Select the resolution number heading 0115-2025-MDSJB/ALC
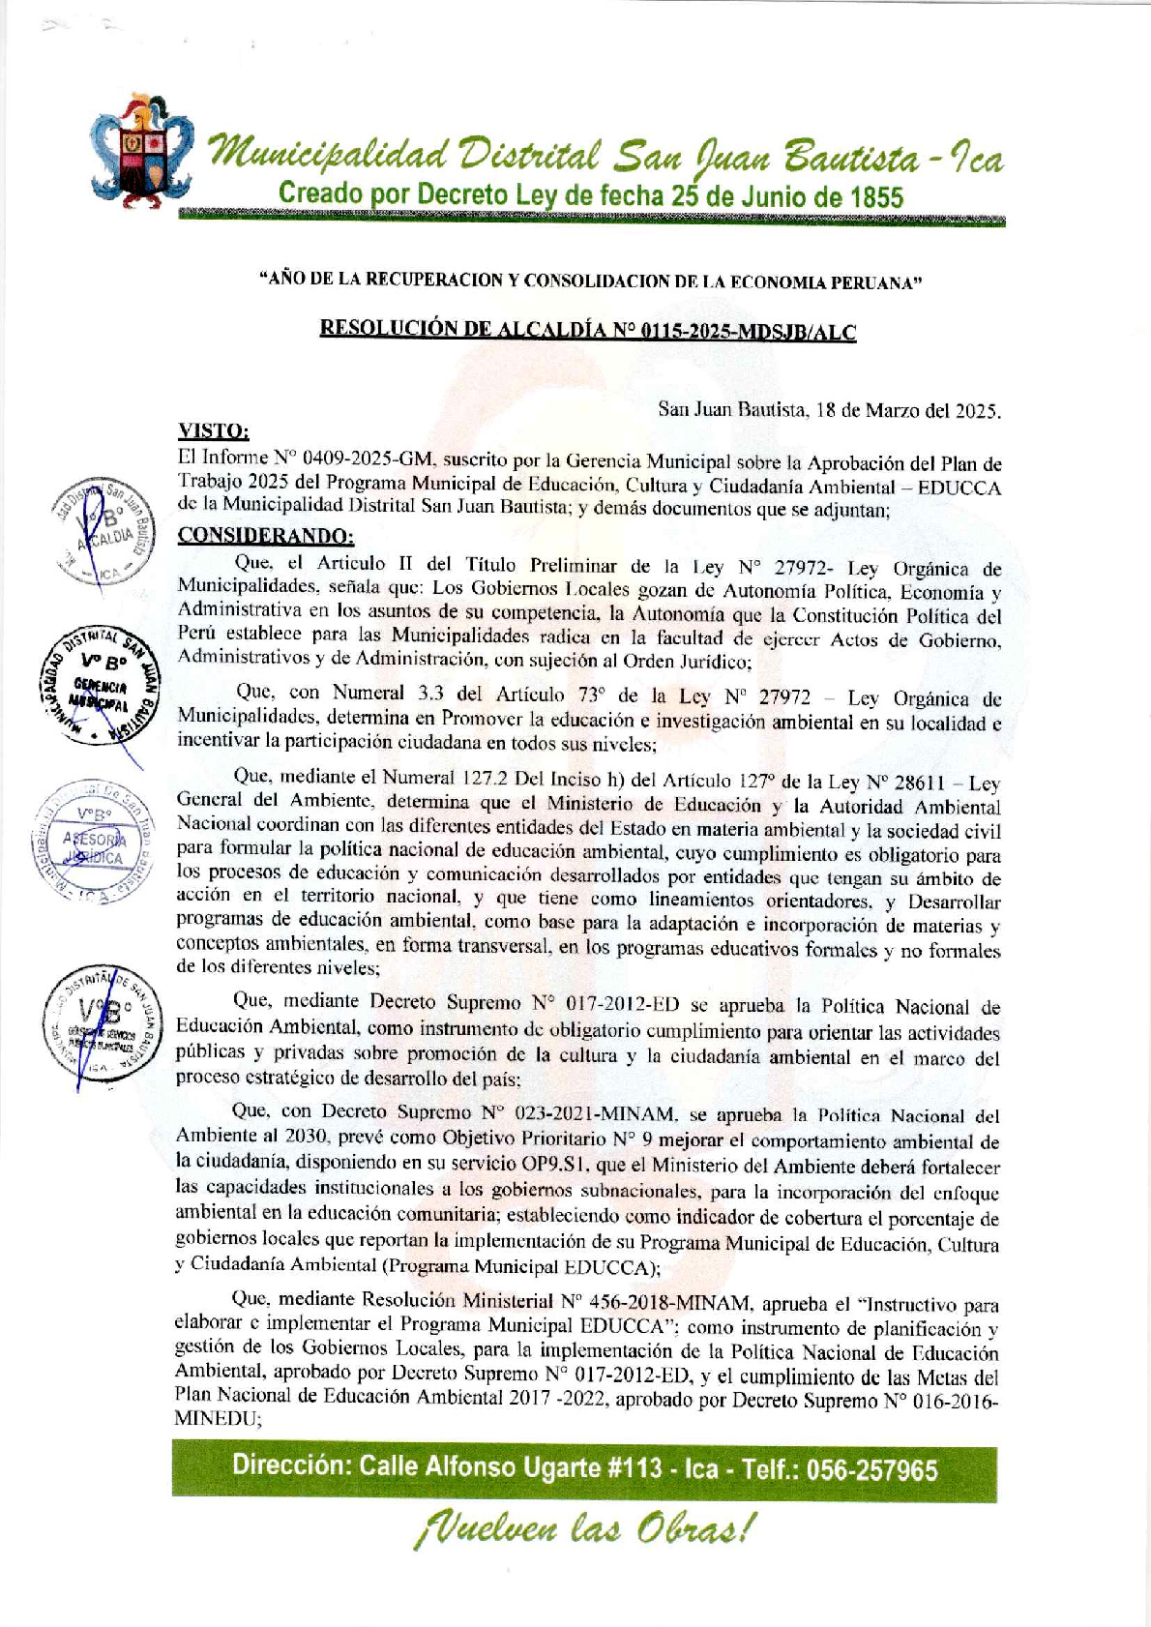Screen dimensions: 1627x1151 pyautogui.click(x=588, y=332)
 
